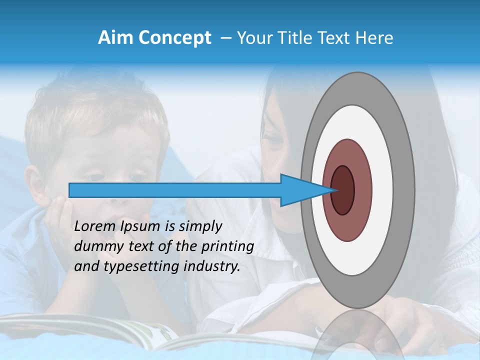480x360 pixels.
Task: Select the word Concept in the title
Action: point(173,38)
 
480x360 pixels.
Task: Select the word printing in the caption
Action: point(229,247)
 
